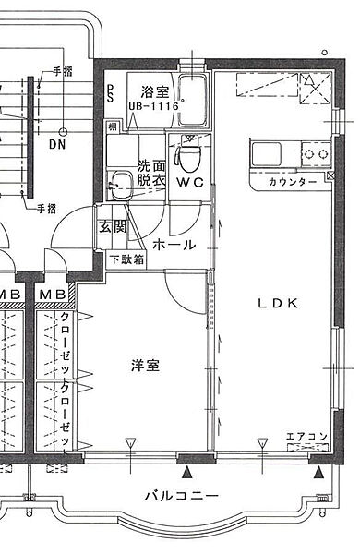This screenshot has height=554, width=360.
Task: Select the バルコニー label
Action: coord(181,496)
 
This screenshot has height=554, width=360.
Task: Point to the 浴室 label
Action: coord(153,91)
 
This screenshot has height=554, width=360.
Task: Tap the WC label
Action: coord(190,181)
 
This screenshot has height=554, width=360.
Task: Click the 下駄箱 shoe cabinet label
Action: coord(126,260)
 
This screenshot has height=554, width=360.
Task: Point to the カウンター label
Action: coord(293,182)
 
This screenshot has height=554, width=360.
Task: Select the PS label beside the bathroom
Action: coord(110,92)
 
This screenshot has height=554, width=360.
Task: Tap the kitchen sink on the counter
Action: coord(266,151)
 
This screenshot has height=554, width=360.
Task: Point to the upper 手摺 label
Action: coord(63,71)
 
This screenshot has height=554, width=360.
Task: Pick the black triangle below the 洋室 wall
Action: coord(189,474)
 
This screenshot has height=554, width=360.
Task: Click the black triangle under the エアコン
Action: coord(318,474)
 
